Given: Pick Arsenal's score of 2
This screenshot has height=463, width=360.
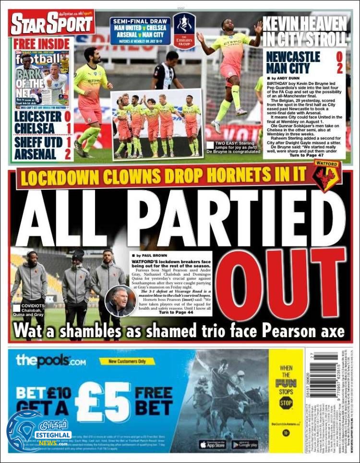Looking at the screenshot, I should [68, 154].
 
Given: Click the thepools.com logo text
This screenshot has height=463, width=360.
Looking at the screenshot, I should [50, 360].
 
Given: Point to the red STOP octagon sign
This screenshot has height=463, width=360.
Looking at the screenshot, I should [286, 402].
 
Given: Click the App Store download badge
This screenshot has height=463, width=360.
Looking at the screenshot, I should [212, 445].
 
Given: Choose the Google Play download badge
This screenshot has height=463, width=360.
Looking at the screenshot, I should [245, 445].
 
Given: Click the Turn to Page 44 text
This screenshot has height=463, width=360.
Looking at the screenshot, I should [176, 312].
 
